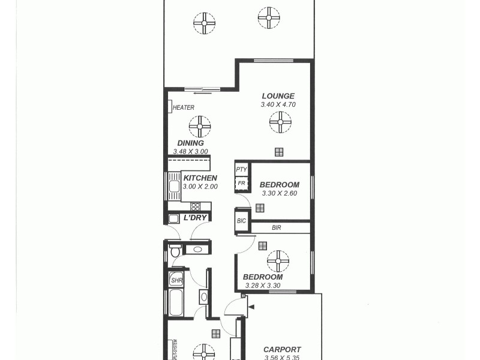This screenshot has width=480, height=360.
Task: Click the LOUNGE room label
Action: click(278, 96)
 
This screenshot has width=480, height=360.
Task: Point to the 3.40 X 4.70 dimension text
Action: click(278, 104)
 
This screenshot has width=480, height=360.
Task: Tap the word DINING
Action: click(190, 143)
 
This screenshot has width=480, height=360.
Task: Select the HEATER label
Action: click(184, 108)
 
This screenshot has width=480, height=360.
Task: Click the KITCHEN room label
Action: click(200, 178)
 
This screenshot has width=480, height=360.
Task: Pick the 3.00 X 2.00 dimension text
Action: click(200, 187)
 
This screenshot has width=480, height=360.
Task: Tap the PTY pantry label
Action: click(241, 170)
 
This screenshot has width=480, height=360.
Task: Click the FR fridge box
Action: click(241, 182)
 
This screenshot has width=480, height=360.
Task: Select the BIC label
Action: click(242, 221)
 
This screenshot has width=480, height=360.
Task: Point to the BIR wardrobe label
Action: click(277, 228)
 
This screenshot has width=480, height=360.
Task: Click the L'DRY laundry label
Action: click(196, 217)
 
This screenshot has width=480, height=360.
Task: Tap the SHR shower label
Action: click(176, 280)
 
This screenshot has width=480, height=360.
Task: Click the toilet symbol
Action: click(175, 250)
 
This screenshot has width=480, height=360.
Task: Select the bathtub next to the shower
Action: click(176, 302)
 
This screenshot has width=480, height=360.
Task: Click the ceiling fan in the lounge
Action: click(280, 122)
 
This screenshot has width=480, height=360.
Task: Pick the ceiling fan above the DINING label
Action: click(200, 127)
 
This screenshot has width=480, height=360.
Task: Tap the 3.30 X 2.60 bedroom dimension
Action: click(279, 193)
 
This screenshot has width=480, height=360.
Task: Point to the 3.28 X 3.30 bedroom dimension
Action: click(262, 286)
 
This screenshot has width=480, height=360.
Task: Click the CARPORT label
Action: click(282, 350)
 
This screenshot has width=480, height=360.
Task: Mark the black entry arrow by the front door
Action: click(251, 307)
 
